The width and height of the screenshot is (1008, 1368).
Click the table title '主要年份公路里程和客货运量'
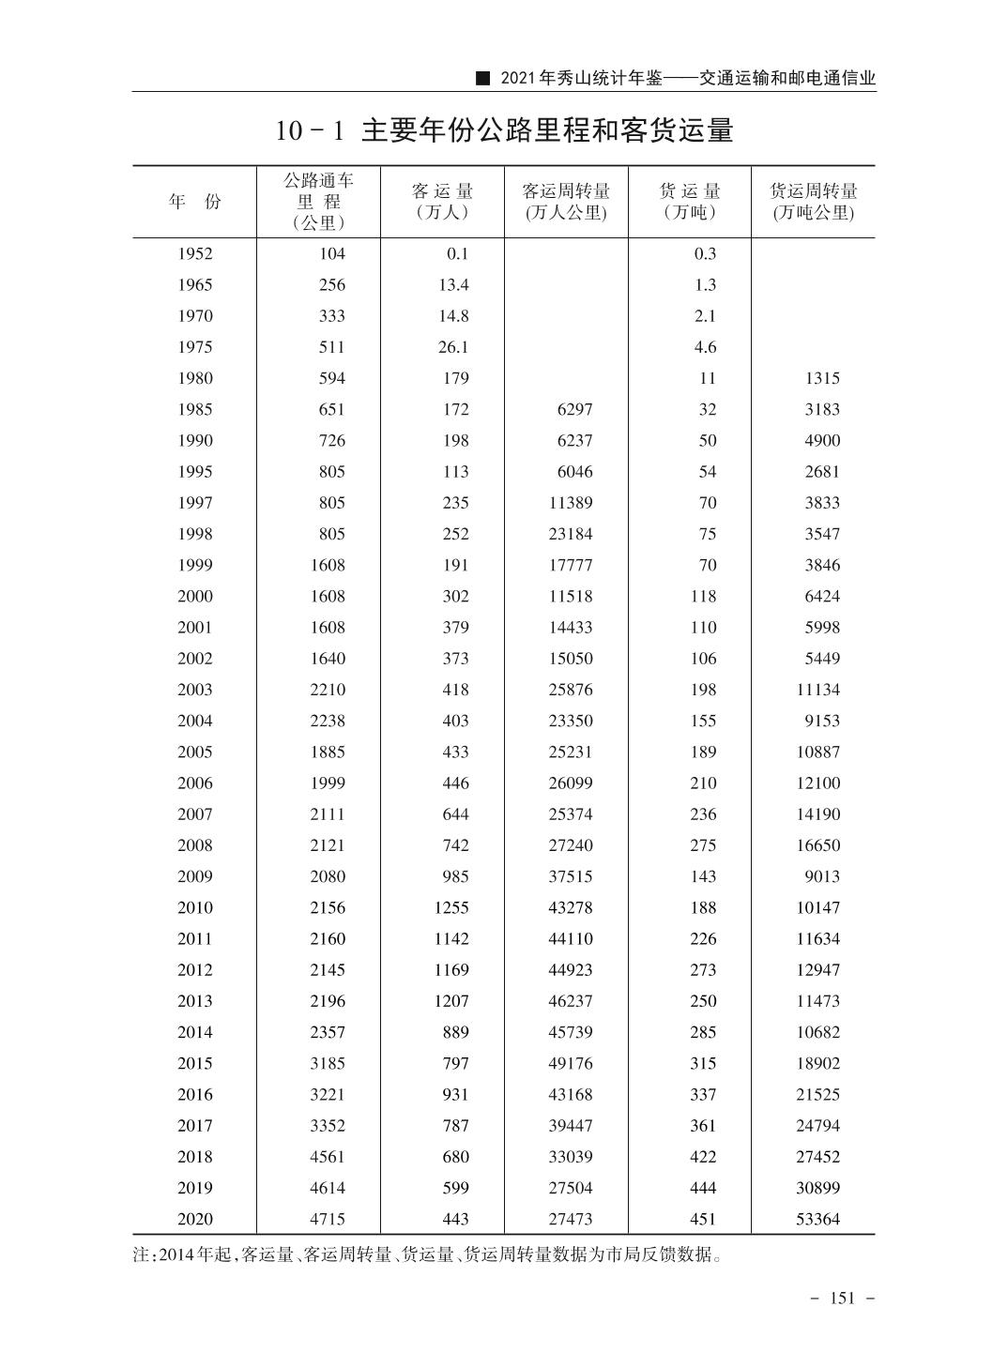pyautogui.click(x=546, y=130)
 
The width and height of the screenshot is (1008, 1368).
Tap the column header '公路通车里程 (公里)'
pyautogui.click(x=318, y=201)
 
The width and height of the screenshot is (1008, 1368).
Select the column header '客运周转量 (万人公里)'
pyautogui.click(x=566, y=202)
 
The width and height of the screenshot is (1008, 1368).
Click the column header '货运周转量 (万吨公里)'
pyautogui.click(x=813, y=202)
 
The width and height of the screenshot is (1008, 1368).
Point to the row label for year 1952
pyautogui.click(x=195, y=253)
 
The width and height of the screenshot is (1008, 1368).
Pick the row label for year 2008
pyautogui.click(x=195, y=845)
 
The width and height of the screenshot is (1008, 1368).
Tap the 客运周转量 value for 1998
pyautogui.click(x=571, y=534)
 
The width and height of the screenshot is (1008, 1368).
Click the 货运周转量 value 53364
pyautogui.click(x=817, y=1219)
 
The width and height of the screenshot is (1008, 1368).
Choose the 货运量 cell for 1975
pyautogui.click(x=705, y=347)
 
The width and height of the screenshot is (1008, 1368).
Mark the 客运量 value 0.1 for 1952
pyautogui.click(x=457, y=253)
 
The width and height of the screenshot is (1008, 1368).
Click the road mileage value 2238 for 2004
pyautogui.click(x=328, y=721)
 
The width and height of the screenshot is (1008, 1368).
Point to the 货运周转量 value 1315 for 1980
pyautogui.click(x=822, y=378)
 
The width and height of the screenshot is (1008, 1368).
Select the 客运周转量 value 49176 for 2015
pyautogui.click(x=571, y=1063)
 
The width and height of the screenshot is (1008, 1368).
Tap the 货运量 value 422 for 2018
pyautogui.click(x=703, y=1157)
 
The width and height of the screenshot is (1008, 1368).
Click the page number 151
pyautogui.click(x=843, y=1298)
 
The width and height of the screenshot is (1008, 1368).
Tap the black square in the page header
pyautogui.click(x=483, y=79)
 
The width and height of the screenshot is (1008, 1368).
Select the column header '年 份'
pyautogui.click(x=195, y=202)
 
